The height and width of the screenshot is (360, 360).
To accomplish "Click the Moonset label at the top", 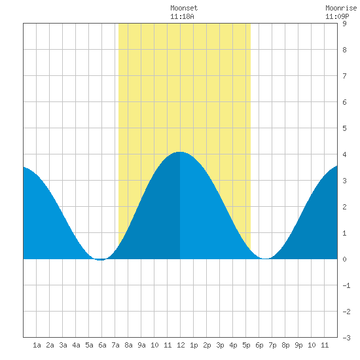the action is point(184,9).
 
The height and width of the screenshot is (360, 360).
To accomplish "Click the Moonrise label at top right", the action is point(341,9).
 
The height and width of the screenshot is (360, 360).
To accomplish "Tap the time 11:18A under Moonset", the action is point(183,16).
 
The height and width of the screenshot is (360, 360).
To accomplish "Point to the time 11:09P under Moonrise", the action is point(337,16).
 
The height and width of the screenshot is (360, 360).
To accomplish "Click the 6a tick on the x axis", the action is point(102,345).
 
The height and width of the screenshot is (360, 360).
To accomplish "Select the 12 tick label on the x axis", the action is point(181,345).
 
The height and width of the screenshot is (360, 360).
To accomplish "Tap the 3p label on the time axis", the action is point(220,345).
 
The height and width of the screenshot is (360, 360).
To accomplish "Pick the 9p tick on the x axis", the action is point(298,345).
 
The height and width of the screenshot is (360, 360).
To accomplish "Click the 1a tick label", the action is point(37,345).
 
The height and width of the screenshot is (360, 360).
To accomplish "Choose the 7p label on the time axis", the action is point(272,345).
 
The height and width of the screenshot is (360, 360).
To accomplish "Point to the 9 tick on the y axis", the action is point(344,24).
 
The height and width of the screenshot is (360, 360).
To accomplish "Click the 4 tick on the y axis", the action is point(344,154).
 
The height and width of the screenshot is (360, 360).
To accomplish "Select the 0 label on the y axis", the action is point(344,259).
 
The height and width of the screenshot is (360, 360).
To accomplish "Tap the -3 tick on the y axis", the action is point(347,338).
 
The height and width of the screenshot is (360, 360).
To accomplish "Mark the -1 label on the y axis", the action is point(347,285).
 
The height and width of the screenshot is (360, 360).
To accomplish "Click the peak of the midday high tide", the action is point(180,152).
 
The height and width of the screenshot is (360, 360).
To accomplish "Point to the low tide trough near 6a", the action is point(101,260).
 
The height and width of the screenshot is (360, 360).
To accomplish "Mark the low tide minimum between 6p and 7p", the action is point(265,259).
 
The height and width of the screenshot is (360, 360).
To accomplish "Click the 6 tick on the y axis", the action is point(344,102).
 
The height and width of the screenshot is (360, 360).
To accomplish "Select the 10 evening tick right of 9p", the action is point(312,345).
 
